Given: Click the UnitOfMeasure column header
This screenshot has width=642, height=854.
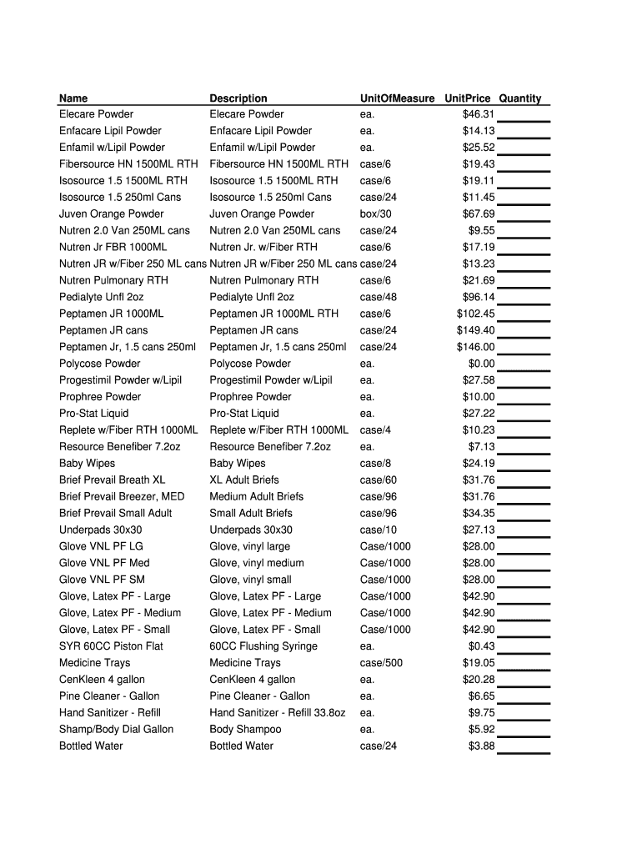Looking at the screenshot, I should [397, 98].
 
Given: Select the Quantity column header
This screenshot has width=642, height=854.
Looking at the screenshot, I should [520, 98].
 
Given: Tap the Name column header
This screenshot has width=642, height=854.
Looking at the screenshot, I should [73, 98].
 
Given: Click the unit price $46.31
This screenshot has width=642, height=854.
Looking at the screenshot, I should [479, 114].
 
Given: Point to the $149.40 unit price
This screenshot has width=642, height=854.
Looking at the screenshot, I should [475, 330].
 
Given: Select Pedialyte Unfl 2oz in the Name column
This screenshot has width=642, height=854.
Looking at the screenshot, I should [101, 297].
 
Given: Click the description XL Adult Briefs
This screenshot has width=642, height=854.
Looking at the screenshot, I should [244, 480].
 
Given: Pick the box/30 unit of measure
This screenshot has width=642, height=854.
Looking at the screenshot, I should [375, 214].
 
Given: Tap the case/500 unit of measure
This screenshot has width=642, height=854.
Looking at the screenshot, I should [381, 663].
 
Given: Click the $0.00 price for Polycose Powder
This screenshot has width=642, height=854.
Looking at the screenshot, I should [481, 364].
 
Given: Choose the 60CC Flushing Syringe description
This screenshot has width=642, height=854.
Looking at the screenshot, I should [263, 646].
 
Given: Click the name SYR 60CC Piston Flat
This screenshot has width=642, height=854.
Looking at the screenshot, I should [111, 646].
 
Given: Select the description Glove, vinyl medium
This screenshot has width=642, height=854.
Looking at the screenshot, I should [257, 563].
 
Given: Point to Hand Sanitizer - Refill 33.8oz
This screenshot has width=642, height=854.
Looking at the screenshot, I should [278, 713].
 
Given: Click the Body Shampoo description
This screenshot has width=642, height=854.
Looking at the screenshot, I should [245, 730].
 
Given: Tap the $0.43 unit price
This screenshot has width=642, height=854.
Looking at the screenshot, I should [481, 646].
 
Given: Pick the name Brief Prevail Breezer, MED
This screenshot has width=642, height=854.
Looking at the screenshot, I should [122, 496].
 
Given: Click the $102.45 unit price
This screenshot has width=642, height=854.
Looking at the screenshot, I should [475, 314].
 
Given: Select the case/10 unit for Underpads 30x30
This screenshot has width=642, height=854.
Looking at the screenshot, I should [379, 530].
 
